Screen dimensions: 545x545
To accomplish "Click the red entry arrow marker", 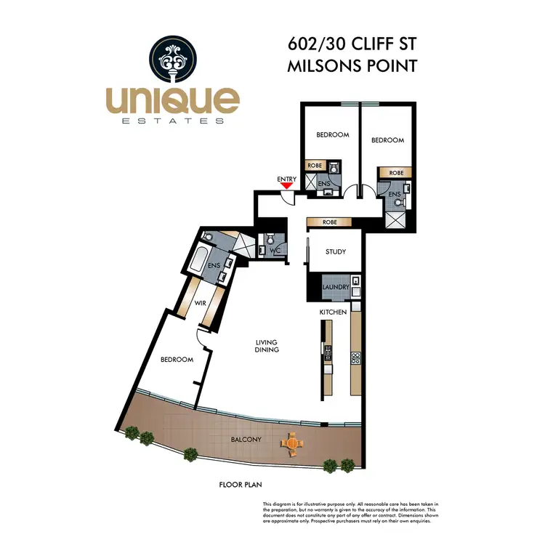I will [287, 186].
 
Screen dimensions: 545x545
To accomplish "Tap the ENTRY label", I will [287, 178].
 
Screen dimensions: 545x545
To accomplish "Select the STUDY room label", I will [335, 252].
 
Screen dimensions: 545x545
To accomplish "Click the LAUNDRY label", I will [336, 288].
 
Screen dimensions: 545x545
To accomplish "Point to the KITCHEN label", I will [333, 312].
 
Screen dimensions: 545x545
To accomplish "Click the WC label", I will [275, 251].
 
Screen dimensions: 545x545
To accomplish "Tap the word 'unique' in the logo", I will [172, 100].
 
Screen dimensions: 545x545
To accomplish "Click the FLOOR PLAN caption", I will [241, 483].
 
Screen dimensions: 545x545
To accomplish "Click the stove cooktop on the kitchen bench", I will [356, 358].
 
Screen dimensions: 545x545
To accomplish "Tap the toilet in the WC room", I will [270, 239].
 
